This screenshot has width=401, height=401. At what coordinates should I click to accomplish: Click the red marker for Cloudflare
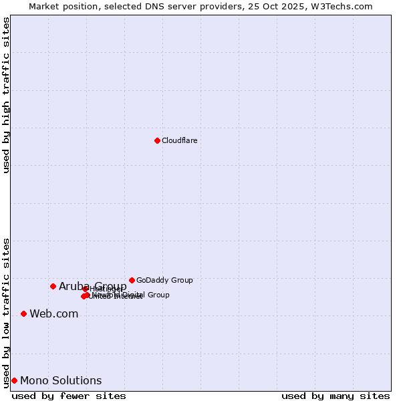point(157,140)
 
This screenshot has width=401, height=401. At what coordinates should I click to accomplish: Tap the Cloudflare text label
point(180,140)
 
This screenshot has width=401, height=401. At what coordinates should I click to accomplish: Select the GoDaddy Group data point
point(132,280)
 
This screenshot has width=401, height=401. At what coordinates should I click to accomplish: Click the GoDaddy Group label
point(164,280)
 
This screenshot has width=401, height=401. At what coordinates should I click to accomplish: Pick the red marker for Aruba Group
point(53,286)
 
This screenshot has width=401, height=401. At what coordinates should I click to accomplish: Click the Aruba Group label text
point(93,287)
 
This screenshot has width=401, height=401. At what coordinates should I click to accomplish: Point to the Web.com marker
point(23,313)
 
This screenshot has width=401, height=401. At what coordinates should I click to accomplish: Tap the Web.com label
point(53,314)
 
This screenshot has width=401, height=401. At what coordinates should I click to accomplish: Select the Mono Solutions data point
point(14,380)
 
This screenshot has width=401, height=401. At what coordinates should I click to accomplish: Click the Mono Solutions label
point(61,381)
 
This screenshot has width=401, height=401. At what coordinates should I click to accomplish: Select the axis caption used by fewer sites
point(69,396)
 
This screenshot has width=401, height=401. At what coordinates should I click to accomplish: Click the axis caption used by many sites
point(336,396)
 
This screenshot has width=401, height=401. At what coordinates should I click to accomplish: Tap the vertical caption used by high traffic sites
point(7,95)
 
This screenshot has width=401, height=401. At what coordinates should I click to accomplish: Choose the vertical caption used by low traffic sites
point(7,312)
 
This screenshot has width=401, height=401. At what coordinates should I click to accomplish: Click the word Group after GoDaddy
point(181,280)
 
